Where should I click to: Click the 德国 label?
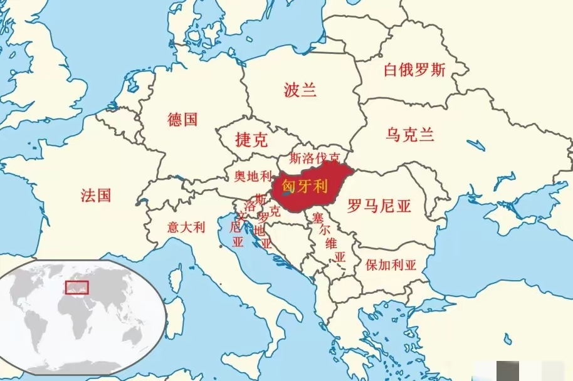182,118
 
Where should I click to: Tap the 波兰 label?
300,90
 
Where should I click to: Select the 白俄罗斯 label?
414,70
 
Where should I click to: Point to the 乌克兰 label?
410,134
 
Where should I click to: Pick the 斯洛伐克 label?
315,158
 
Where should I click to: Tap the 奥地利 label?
253,176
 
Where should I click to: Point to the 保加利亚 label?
391,264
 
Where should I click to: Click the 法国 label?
96,196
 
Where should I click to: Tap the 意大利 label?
186,227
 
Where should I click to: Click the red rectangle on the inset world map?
76,288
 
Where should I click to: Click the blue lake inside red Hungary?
284,194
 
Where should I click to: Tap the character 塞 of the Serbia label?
317,218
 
